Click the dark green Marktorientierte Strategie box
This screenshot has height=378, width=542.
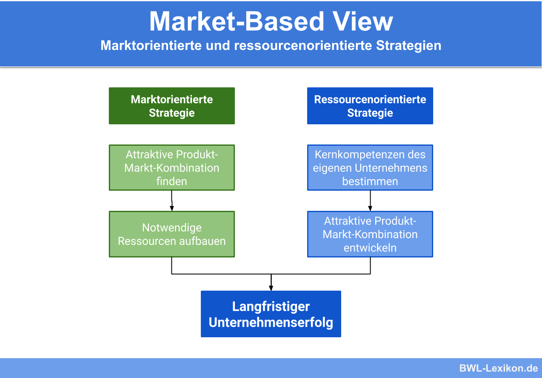[x=171, y=106]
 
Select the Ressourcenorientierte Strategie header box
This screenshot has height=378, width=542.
[x=370, y=106]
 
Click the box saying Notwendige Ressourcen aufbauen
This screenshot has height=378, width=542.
[x=171, y=234]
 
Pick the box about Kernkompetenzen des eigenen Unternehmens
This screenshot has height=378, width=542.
[x=370, y=168]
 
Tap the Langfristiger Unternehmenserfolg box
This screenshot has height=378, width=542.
[x=271, y=314]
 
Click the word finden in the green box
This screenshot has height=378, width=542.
[x=171, y=181]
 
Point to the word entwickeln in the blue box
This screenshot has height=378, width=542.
[x=370, y=248]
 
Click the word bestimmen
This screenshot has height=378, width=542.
[x=370, y=181]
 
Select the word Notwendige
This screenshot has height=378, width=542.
[x=171, y=228]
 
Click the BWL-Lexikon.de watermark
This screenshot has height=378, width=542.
[x=498, y=368]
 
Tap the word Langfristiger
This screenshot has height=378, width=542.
[x=271, y=307]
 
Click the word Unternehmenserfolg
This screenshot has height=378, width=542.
[x=271, y=322]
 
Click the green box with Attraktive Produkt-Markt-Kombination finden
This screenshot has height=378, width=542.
[x=171, y=168]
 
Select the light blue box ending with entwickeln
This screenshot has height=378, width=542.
[x=370, y=234]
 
